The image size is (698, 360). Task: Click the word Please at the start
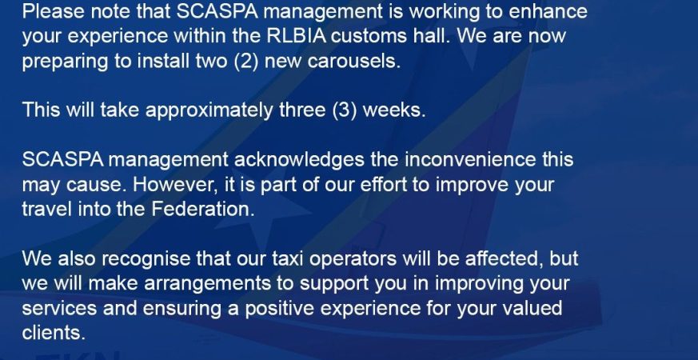click(x=53, y=10)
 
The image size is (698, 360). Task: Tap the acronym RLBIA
click(x=297, y=35)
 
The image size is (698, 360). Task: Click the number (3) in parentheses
click(x=345, y=110)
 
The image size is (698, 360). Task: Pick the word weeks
click(x=394, y=110)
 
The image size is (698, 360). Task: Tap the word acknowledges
click(x=299, y=160)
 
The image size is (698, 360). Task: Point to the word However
click(x=175, y=185)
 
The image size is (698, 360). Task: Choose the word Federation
click(x=203, y=209)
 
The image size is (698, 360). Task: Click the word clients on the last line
click(x=54, y=332)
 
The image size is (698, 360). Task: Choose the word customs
click(x=369, y=36)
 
